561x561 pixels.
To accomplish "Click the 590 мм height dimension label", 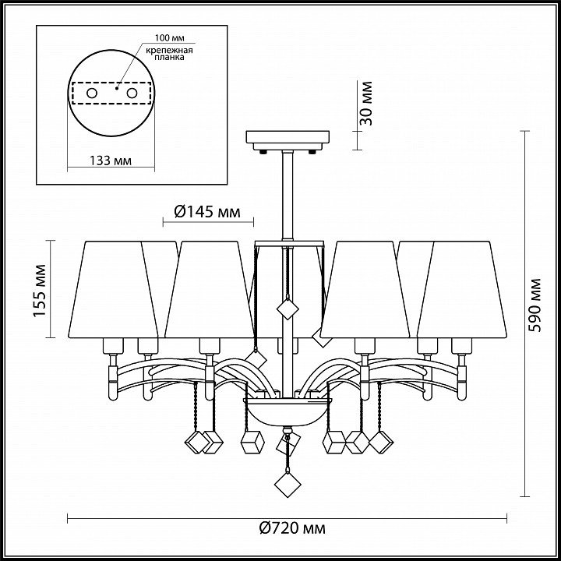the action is [535, 305].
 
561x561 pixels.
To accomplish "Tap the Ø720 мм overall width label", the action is [292, 528].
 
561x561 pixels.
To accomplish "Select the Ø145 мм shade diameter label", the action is [207, 212].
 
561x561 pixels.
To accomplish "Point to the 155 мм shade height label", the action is [40, 291].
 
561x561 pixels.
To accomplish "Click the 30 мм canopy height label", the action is [366, 104].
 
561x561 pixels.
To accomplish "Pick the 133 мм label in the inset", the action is [111, 161].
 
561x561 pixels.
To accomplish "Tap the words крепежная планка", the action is [169, 54].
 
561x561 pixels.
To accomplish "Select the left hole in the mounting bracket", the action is [92, 93].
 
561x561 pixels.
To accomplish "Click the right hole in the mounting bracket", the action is [132, 93].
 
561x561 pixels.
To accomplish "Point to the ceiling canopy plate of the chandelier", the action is [288, 140].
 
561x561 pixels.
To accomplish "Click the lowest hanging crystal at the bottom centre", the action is [288, 485].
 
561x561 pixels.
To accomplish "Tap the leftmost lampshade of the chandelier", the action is [113, 289].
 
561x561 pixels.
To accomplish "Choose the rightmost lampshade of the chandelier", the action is [462, 289].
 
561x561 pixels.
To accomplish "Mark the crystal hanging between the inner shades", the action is [288, 309].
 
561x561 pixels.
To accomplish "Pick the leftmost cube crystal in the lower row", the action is [197, 443].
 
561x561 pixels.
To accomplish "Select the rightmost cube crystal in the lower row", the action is [381, 443].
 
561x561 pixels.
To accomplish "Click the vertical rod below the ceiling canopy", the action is [288, 195].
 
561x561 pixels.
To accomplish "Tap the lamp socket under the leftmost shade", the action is [113, 346].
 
